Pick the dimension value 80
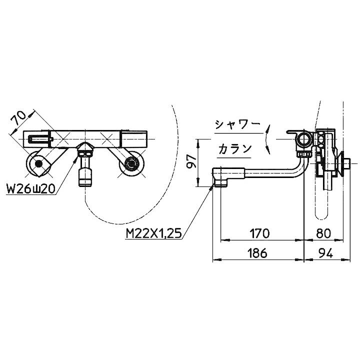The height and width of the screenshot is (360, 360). coord(324,233)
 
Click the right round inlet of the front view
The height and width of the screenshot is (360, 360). coord(131,163)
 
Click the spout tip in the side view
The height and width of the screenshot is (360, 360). coord(219,177)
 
